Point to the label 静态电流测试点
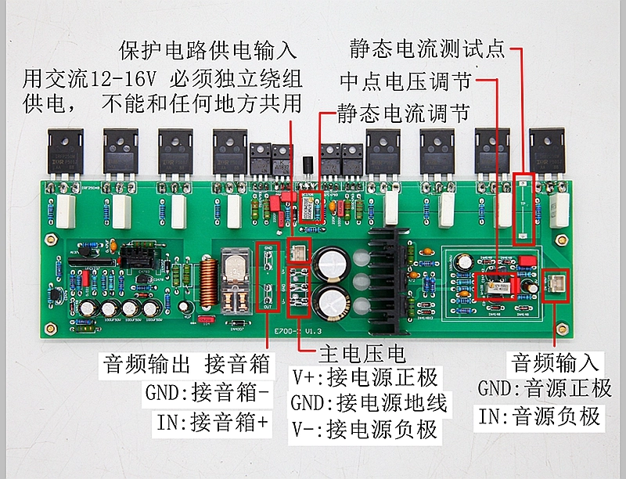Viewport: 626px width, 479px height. coord(428,49)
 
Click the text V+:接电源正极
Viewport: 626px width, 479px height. coord(365,378)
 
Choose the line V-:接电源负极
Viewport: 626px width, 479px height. coord(365,429)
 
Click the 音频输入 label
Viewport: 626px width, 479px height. coord(556,362)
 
